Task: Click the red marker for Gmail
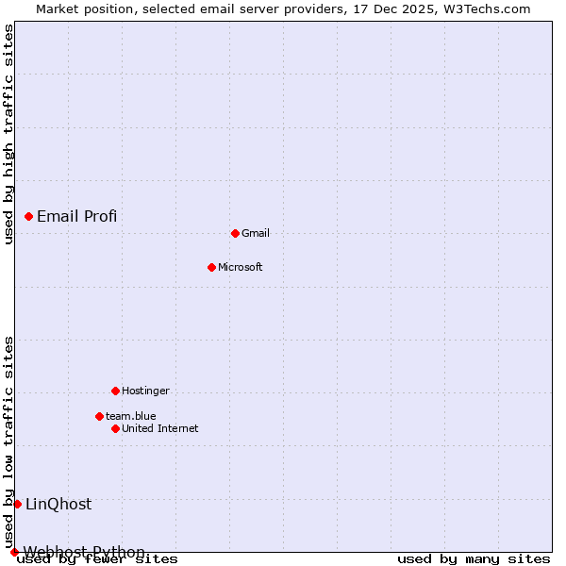coord(235,233)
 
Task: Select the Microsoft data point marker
coord(211,267)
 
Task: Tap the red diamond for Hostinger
coord(115,391)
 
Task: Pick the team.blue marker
coord(99,416)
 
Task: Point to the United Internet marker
coord(115,428)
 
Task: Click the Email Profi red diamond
coord(28,216)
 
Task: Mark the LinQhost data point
coord(17,504)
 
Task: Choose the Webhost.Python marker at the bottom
coord(14,552)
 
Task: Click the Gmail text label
coord(256,233)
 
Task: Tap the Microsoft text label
coord(241,267)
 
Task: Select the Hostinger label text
coord(145,391)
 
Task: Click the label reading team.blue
coord(131,416)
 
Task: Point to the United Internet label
coord(160,428)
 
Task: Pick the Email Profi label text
coord(77,216)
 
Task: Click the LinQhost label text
coord(58,504)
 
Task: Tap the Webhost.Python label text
coord(84,552)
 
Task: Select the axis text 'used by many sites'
coord(474,559)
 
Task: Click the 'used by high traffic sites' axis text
coord(8,134)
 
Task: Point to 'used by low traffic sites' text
coord(8,441)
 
